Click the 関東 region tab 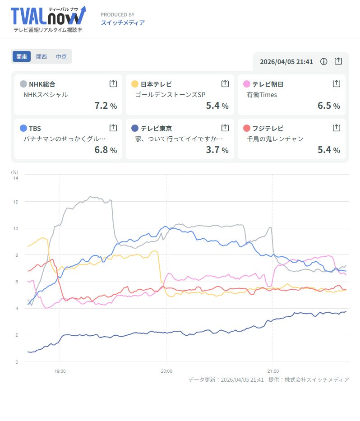(22, 57)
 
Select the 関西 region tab (42, 57)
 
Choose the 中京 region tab (61, 57)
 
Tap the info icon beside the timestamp (323, 61)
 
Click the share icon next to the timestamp (338, 61)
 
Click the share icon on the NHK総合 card (113, 83)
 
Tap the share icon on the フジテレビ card (336, 128)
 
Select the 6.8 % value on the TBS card (106, 150)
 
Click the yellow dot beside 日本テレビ (134, 84)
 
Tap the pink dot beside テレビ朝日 (246, 84)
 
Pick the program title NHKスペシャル (46, 95)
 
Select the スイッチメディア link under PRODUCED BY (123, 23)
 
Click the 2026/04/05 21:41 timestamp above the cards (286, 61)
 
